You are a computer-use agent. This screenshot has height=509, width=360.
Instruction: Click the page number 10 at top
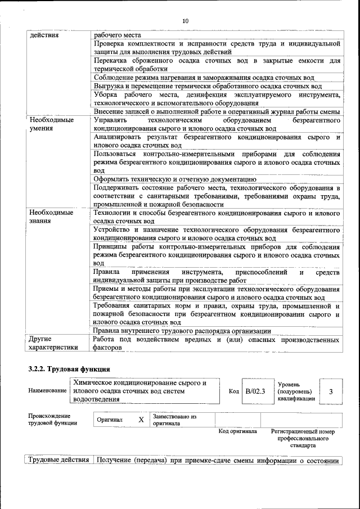coord(186,21)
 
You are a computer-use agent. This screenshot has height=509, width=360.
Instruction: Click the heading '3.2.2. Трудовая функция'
coord(69,369)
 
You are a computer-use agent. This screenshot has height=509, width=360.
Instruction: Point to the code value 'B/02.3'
coord(255,391)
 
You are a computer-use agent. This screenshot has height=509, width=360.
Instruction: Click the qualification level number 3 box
coord(331,391)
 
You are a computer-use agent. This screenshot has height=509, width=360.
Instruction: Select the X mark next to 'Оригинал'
coord(141,420)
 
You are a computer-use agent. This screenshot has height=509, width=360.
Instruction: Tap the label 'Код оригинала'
coord(238,431)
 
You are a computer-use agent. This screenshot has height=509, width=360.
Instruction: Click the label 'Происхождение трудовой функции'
coord(53,420)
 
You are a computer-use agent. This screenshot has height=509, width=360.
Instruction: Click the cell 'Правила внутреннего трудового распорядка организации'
coord(182,331)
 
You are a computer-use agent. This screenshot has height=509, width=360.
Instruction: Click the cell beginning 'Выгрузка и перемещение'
coord(208,86)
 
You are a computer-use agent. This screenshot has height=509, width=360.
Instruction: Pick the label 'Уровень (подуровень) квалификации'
coord(295,391)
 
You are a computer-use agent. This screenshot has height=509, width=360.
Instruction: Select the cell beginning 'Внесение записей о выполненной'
coord(217,112)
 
